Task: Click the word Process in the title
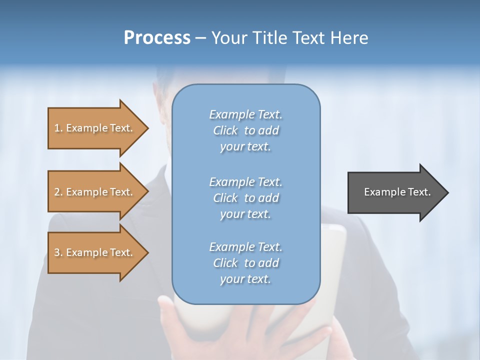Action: click(x=157, y=38)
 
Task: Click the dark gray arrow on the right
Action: click(x=395, y=192)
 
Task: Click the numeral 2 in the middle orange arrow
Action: click(x=57, y=192)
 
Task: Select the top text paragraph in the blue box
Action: click(x=245, y=130)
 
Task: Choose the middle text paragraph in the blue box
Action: click(x=245, y=198)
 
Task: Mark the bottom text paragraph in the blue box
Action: click(x=245, y=263)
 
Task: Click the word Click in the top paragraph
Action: click(x=225, y=131)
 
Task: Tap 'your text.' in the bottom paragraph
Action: click(x=245, y=279)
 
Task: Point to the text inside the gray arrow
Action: click(x=397, y=192)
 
